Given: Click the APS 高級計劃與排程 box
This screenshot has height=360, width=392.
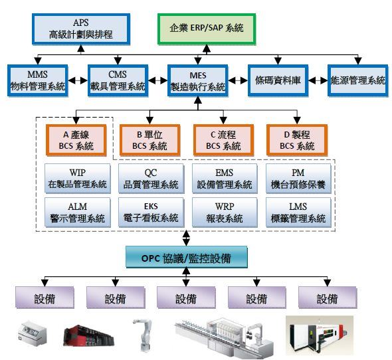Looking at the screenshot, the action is point(81,29).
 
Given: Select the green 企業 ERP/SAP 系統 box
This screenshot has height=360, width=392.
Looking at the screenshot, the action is point(207,29).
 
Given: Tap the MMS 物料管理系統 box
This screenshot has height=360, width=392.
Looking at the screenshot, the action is point(37,80).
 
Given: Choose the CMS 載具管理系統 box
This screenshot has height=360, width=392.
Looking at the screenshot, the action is point(118,80).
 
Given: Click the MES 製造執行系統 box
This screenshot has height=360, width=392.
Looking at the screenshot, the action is point(198,80).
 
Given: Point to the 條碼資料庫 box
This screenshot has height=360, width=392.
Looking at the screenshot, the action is point(278,80).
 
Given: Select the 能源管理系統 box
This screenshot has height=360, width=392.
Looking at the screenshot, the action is point(357,80).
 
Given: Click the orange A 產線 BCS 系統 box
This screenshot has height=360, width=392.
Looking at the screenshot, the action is point(76,140).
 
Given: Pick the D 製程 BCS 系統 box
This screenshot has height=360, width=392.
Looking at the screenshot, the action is point(297,140).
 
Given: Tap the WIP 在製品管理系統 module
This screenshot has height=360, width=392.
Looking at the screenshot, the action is point(78,179).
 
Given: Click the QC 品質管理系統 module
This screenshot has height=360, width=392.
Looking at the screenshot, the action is point(151,179).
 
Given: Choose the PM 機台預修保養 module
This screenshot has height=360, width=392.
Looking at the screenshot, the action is point(298,179).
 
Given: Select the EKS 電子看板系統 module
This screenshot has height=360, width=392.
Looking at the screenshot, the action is point(151,213).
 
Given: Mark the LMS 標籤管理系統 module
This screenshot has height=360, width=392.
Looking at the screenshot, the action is point(298,213).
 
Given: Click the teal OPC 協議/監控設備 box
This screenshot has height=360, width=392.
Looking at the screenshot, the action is point(187,257).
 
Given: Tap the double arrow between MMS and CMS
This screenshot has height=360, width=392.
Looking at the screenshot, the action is point(78,80).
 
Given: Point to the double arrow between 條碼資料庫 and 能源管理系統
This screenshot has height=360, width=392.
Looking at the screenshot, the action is point(318,80).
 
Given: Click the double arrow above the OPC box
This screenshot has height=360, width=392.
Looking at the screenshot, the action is point(186,238).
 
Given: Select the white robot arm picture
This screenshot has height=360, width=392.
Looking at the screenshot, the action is point(143,335).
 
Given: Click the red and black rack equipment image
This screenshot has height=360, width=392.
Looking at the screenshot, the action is point(89,335).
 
